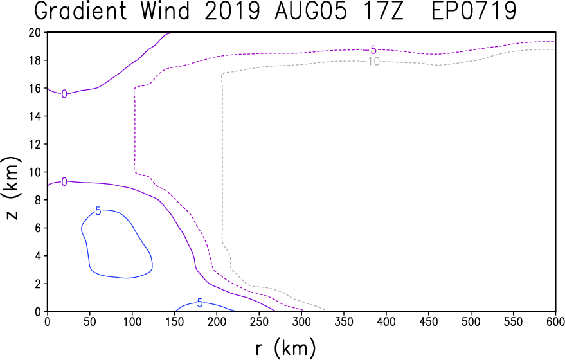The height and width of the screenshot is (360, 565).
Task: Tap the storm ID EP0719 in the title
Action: click(474, 11)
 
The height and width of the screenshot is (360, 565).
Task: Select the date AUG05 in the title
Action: click(310, 11)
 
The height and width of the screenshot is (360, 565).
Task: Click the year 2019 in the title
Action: click(232, 11)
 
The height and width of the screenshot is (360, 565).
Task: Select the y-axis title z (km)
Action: click(11, 188)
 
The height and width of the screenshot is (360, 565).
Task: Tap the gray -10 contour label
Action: click(370, 62)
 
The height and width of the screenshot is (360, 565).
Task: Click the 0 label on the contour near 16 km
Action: click(64, 94)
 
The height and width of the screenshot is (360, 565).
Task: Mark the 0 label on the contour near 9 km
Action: click(64, 182)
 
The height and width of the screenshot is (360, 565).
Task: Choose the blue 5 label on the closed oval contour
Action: click(98, 211)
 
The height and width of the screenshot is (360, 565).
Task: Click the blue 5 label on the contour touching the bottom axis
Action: click(200, 303)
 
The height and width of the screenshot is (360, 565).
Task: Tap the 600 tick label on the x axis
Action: click(555, 321)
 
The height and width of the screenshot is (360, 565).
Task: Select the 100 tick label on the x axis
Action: click(132, 321)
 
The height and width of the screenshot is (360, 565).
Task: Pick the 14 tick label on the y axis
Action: click(35, 116)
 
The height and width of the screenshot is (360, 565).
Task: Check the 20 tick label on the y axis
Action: click(35, 32)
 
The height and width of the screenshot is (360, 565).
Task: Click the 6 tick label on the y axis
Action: click(39, 228)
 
